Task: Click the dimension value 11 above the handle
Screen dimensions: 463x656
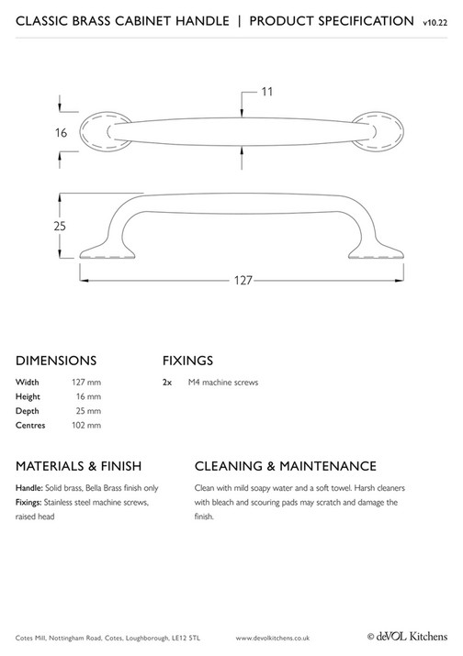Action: tap(267, 92)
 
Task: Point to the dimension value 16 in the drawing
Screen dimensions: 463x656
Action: tap(62, 132)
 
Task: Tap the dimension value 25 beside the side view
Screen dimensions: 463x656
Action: tap(60, 225)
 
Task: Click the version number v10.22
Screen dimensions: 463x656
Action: tap(436, 21)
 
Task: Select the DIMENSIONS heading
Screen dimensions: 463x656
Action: tap(56, 360)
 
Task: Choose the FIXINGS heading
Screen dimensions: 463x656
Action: tap(187, 360)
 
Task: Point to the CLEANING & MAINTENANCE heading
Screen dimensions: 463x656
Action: tap(286, 465)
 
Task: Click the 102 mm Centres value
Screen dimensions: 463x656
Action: tap(86, 426)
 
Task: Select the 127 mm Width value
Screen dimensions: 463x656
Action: tap(86, 382)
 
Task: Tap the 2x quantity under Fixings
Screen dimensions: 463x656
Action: tap(167, 382)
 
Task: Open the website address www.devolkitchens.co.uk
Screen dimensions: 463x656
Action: tap(273, 636)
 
